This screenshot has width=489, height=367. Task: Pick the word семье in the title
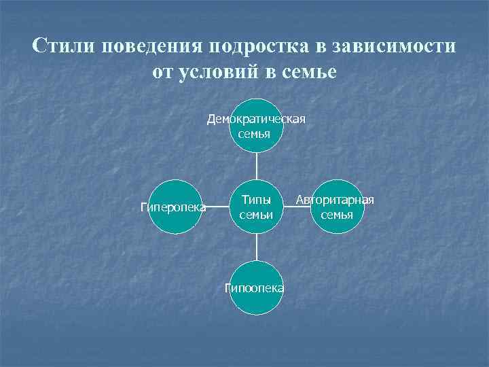click(307, 72)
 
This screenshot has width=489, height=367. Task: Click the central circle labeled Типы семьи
click(256, 207)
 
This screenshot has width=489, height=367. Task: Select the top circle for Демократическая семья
click(256, 126)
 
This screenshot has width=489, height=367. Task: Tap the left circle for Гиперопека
click(175, 207)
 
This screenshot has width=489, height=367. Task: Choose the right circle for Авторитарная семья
click(338, 207)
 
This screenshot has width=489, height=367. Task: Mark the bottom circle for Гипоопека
click(256, 288)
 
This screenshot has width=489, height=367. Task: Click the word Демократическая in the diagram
click(256, 119)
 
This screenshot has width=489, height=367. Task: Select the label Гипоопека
click(255, 288)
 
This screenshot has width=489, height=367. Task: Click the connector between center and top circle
click(256, 167)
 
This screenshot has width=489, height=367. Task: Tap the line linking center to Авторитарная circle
click(297, 207)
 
